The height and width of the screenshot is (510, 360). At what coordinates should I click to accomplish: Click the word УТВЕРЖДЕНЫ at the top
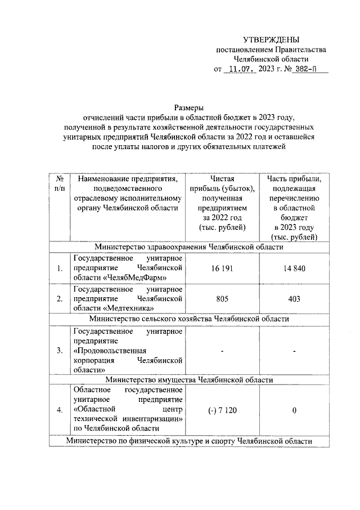(271, 39)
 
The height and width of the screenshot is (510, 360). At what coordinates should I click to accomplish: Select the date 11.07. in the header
(240, 70)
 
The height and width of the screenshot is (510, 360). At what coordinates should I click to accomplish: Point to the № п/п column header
(60, 184)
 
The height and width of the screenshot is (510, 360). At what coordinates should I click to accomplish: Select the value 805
(222, 299)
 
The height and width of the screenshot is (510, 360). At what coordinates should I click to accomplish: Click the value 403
(294, 299)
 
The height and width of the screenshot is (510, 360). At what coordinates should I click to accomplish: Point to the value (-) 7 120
(222, 410)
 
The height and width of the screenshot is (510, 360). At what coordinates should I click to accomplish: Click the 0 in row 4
(294, 410)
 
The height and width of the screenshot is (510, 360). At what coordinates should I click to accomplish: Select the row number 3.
(60, 350)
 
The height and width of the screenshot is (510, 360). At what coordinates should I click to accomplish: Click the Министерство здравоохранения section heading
(188, 247)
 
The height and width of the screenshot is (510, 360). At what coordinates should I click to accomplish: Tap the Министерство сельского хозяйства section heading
(188, 318)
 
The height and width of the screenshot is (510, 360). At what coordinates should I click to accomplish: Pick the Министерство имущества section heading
(188, 379)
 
